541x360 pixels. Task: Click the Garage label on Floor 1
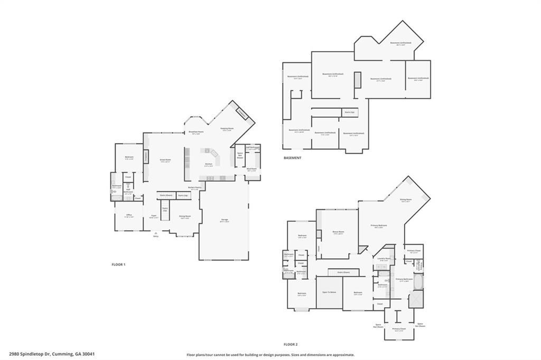[x=225, y=220]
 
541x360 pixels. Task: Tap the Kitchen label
[x=209, y=164]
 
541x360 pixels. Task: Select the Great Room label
[x=165, y=159]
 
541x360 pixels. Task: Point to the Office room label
[x=129, y=215]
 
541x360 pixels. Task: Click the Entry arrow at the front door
[x=155, y=233]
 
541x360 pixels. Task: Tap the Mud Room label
[x=251, y=169]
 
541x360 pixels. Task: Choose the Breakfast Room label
[x=196, y=132]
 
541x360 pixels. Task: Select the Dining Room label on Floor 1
[x=184, y=216]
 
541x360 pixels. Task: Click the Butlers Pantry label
[x=195, y=187]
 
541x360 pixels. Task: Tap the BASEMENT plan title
[x=292, y=158]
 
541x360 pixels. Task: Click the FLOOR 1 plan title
[x=118, y=264]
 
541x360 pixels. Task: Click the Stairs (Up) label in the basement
[x=349, y=112]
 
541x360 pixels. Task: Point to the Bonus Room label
[x=339, y=232]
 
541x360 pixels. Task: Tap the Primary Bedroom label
[x=380, y=225]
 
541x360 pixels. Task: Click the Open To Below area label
[x=329, y=292]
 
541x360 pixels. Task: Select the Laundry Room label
[x=384, y=259]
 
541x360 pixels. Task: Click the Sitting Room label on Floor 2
[x=406, y=200]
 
